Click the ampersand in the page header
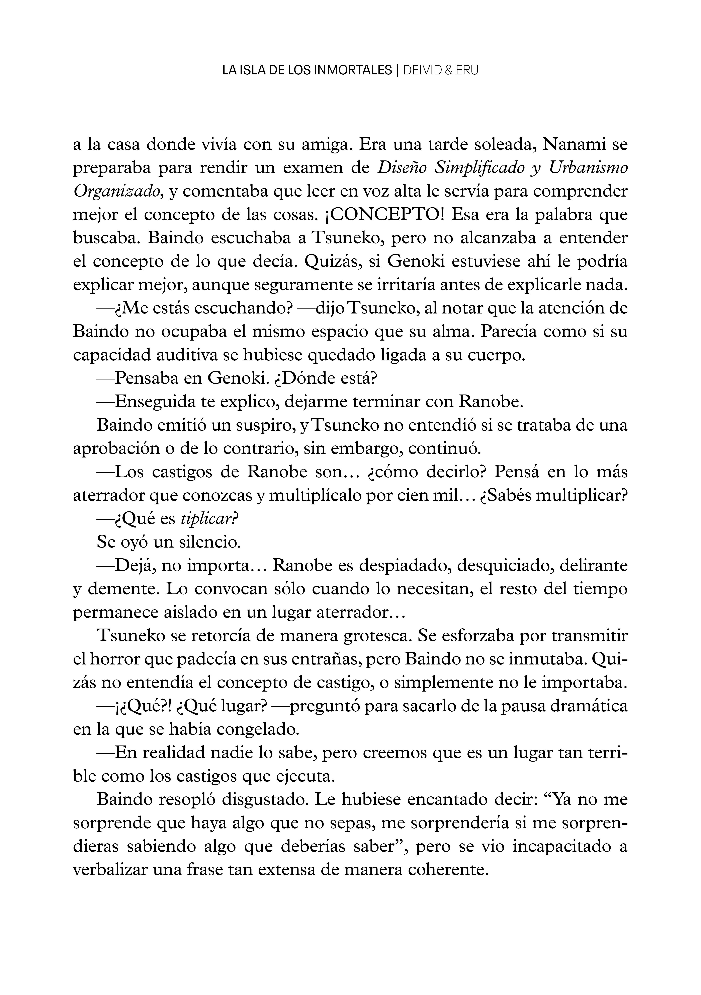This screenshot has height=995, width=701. click(x=448, y=71)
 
